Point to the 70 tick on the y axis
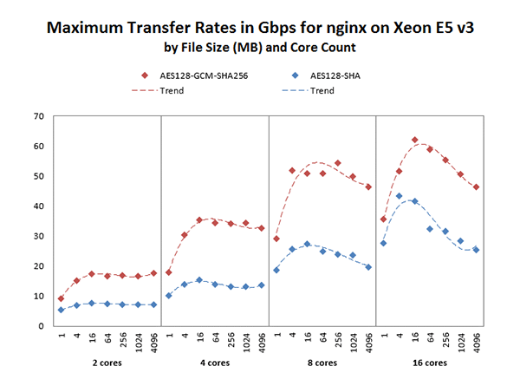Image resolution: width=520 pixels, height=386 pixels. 37,115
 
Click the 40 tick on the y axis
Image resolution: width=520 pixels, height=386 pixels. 37,206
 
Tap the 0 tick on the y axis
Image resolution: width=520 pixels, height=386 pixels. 40,326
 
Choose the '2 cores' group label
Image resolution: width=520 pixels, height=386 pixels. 107,363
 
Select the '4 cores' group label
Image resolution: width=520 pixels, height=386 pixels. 214,363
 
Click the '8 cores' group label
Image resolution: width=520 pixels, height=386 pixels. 322,363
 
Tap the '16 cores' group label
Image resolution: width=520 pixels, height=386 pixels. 429,363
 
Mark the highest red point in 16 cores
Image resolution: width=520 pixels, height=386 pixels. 415,140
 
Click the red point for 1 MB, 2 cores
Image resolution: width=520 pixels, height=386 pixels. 61,298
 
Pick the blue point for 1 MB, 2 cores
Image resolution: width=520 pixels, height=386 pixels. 61,310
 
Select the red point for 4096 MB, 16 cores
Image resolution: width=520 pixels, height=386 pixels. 476,186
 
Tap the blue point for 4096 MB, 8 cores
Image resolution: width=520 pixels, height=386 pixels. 368,267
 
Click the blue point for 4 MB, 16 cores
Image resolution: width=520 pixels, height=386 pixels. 400,196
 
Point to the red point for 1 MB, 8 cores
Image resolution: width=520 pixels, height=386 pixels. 276,239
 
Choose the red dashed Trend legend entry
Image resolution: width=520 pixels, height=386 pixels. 156,90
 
